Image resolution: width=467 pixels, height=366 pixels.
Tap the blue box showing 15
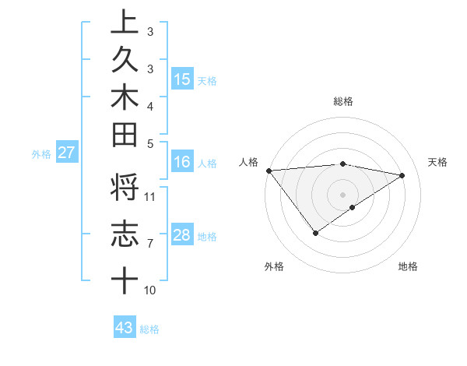(182, 79)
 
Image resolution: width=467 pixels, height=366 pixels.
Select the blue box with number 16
(182, 162)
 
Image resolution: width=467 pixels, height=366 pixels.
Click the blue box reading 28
(182, 236)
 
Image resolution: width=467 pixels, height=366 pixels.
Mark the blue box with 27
(67, 153)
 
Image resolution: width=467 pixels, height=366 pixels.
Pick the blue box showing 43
(124, 328)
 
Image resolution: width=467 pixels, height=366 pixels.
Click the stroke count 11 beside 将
(151, 195)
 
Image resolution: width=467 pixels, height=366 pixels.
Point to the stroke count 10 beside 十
(150, 290)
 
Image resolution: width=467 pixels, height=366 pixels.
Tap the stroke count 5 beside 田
(149, 143)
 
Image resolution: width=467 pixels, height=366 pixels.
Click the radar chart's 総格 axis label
(342, 101)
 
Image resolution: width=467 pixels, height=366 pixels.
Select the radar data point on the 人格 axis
(269, 171)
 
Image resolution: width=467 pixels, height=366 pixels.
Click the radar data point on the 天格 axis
(402, 174)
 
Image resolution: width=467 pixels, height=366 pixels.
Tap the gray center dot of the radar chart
(342, 194)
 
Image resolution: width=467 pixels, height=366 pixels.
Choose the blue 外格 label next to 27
(41, 154)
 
